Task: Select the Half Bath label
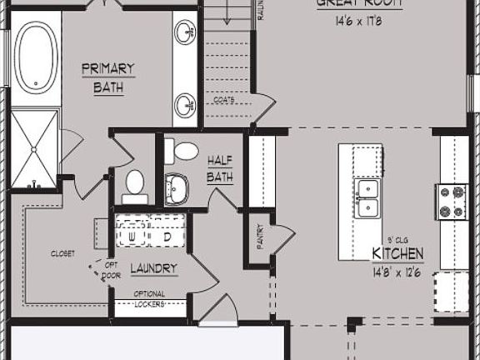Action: pyautogui.click(x=219, y=167)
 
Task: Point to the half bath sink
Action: pyautogui.click(x=177, y=187)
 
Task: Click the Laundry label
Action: pyautogui.click(x=153, y=268)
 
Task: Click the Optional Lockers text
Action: pyautogui.click(x=149, y=299)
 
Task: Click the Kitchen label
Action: pyautogui.click(x=397, y=253)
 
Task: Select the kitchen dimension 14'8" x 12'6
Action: pyautogui.click(x=397, y=271)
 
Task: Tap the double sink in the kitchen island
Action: pyautogui.click(x=367, y=200)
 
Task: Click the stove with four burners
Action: pyautogui.click(x=452, y=201)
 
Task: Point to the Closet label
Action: pyautogui.click(x=62, y=253)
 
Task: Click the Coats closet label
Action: pyautogui.click(x=223, y=100)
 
